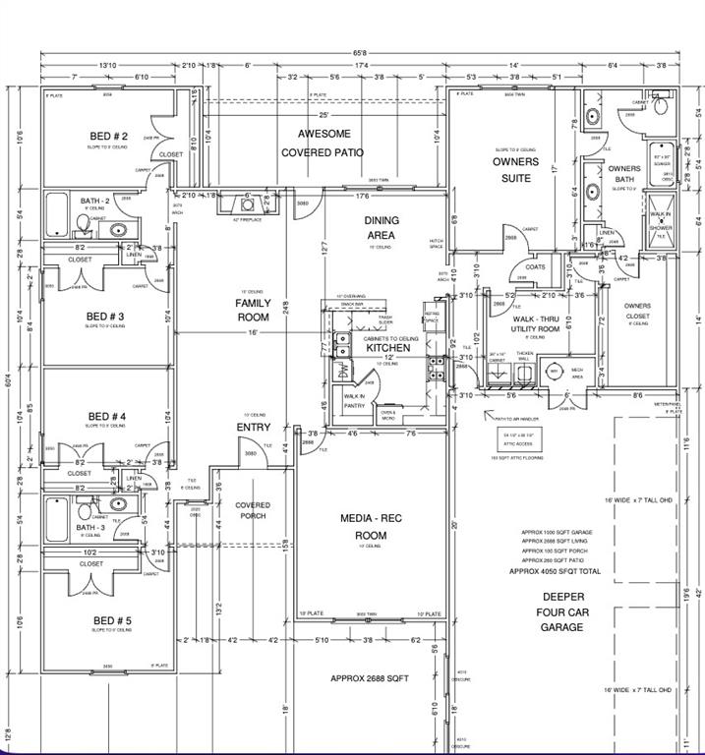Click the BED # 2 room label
pyautogui.click(x=108, y=136)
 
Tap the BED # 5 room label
pyautogui.click(x=109, y=620)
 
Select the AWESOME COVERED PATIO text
pyautogui.click(x=323, y=144)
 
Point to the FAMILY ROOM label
pyautogui.click(x=253, y=311)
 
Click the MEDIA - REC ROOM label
pyautogui.click(x=363, y=526)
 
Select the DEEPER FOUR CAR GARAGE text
pyautogui.click(x=562, y=611)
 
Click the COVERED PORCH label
pyautogui.click(x=252, y=510)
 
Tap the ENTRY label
pyautogui.click(x=254, y=428)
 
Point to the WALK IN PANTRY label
pyautogui.click(x=354, y=401)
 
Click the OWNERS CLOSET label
pyautogui.click(x=637, y=312)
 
